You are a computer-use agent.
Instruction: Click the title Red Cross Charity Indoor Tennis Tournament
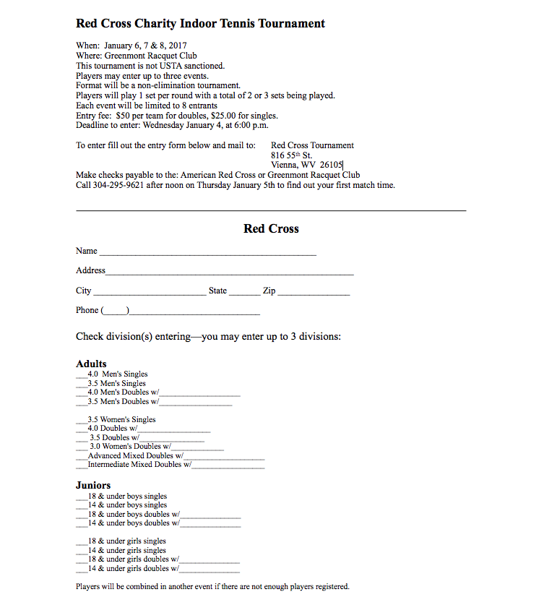click(200, 24)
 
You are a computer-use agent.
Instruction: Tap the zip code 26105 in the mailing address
click(332, 165)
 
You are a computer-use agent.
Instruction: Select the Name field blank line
click(207, 254)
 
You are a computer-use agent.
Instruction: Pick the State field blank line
click(245, 293)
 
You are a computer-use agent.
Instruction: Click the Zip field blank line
click(314, 293)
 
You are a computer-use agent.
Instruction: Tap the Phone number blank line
click(194, 313)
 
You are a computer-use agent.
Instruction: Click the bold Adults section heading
click(91, 364)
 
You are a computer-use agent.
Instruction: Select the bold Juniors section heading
click(93, 485)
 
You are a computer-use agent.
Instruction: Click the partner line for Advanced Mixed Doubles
click(224, 458)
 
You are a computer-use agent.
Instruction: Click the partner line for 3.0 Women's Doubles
click(197, 449)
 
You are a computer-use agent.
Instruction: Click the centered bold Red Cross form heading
click(271, 228)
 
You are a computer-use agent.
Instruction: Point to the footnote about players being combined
click(212, 586)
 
